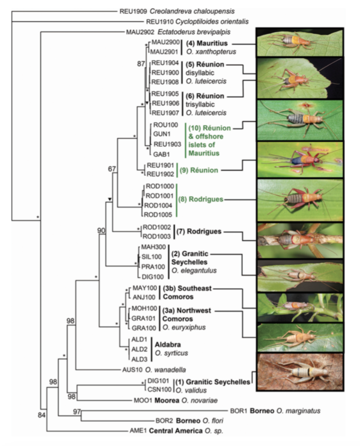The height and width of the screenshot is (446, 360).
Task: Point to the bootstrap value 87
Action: pos(140,63)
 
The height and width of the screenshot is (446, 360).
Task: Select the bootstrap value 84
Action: pos(42,413)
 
